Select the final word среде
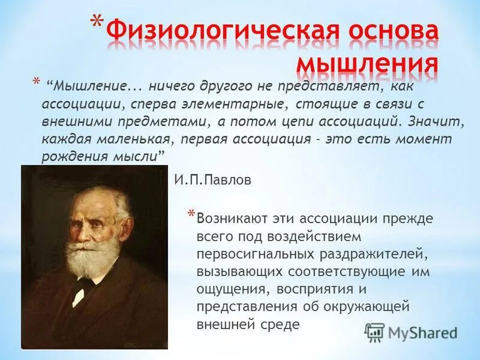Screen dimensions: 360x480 (x=282, y=324)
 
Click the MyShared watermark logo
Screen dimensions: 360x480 (x=412, y=332)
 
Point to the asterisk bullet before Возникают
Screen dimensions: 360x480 (x=191, y=215)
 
